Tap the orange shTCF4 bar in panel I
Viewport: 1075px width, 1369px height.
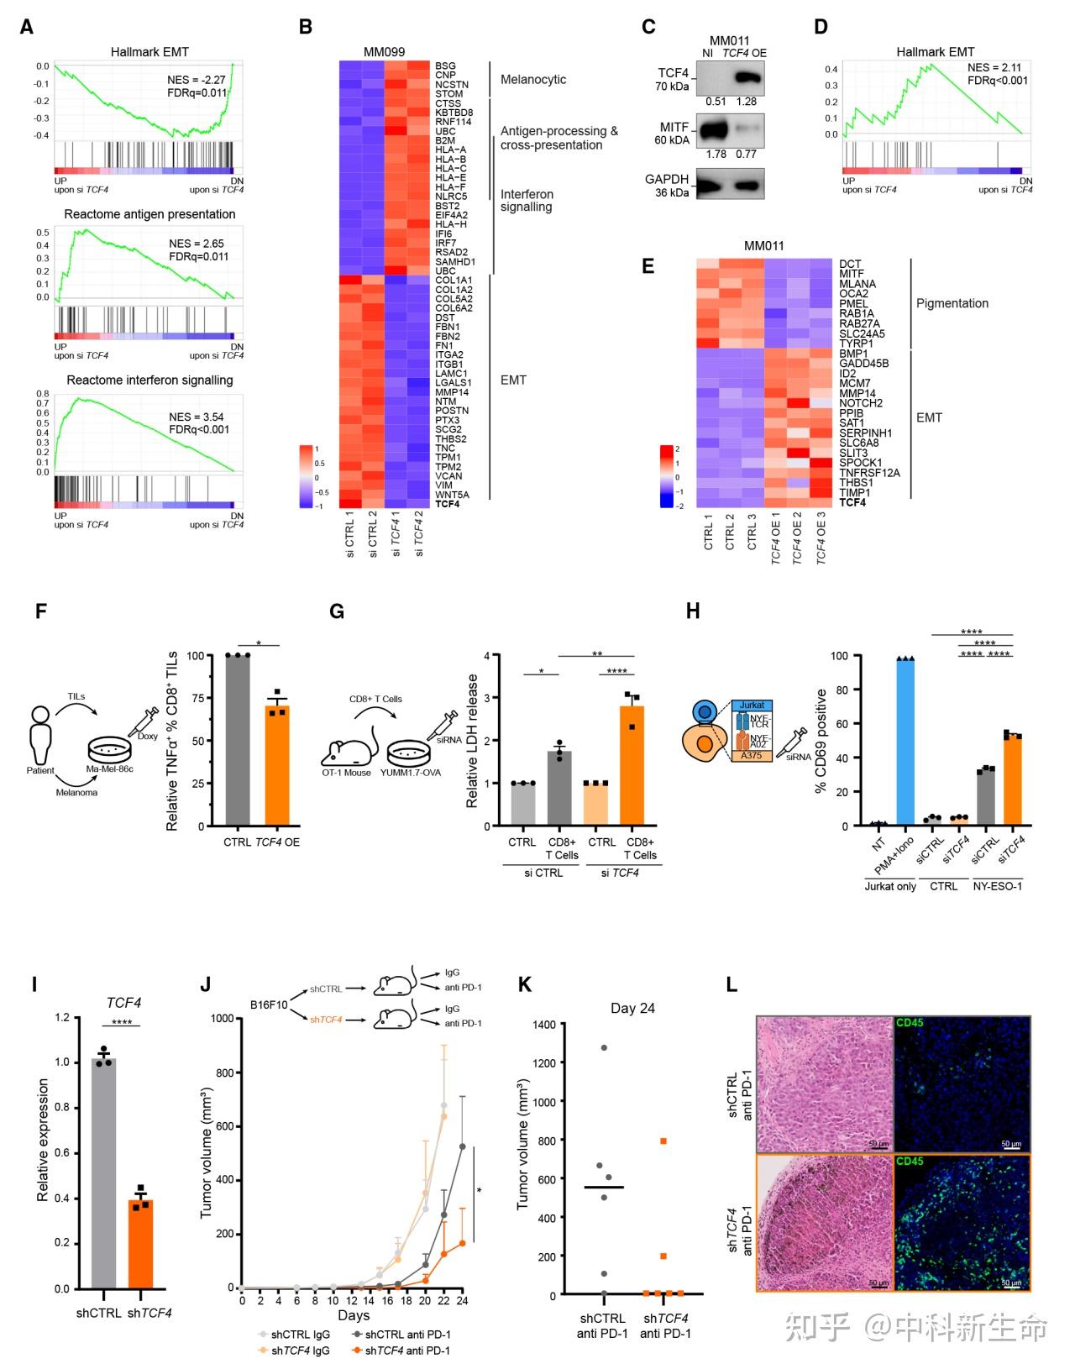pos(140,1243)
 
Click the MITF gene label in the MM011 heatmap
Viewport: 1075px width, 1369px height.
pos(851,274)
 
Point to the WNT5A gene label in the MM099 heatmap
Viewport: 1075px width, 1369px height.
pos(452,495)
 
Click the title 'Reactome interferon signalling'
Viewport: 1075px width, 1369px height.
pos(149,380)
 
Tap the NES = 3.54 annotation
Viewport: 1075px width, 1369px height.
pos(197,417)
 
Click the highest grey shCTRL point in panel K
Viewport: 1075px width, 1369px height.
pos(603,1047)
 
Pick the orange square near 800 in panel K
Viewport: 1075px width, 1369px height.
pos(663,1141)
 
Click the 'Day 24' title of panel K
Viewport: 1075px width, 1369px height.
pos(632,1008)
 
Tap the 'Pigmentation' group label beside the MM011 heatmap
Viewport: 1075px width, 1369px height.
pos(952,303)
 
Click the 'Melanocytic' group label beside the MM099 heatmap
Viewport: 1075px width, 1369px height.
pos(533,80)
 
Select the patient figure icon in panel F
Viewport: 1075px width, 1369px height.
pos(39,735)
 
